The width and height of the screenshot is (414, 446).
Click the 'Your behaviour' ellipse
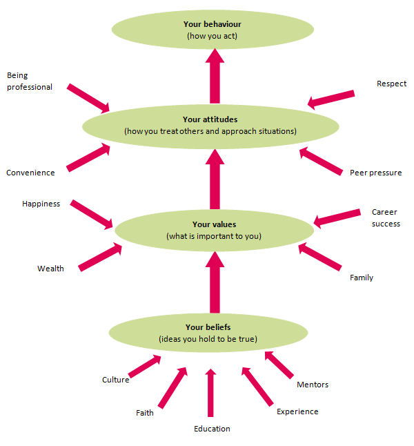pyautogui.click(x=212, y=30)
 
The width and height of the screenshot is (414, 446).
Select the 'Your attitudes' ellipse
pyautogui.click(x=210, y=125)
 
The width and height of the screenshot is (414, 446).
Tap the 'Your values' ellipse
pyautogui.click(x=214, y=230)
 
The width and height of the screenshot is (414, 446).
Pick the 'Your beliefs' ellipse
pyautogui.click(x=208, y=332)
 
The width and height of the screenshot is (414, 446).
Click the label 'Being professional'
pyautogui.click(x=30, y=81)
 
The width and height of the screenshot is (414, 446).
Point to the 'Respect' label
pyautogui.click(x=391, y=84)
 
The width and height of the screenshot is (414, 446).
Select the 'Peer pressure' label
pyautogui.click(x=375, y=173)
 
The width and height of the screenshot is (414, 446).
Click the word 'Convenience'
pyautogui.click(x=30, y=173)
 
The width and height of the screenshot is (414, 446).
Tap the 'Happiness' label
pyautogui.click(x=41, y=204)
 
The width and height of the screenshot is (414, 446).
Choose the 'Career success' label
pyautogui.click(x=385, y=217)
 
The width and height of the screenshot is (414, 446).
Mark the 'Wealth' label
pyautogui.click(x=50, y=269)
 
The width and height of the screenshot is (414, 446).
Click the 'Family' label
pyautogui.click(x=362, y=278)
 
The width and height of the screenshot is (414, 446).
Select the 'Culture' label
pyautogui.click(x=115, y=380)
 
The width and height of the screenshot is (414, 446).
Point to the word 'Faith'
pyautogui.click(x=145, y=413)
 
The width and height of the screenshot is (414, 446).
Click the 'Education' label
pyautogui.click(x=212, y=429)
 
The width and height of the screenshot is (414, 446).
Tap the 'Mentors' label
pyautogui.click(x=313, y=385)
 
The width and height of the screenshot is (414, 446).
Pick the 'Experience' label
pyautogui.click(x=297, y=411)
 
